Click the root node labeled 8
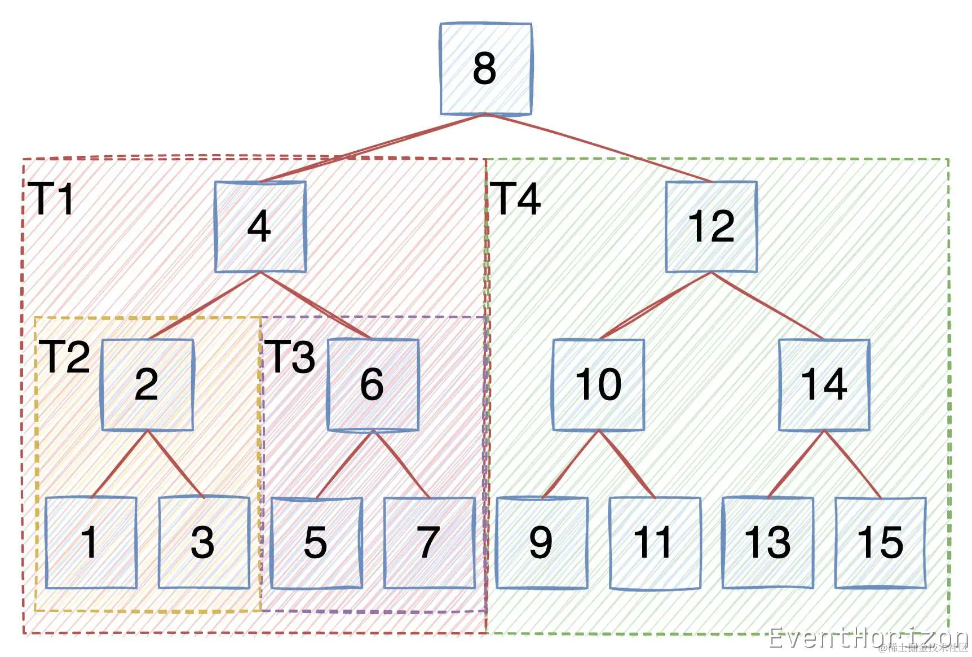click(485, 69)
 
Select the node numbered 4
click(260, 227)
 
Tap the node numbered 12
click(711, 227)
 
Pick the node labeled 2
click(147, 385)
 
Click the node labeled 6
click(373, 385)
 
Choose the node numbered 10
click(598, 385)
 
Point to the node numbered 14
click(824, 385)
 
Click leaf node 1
click(91, 543)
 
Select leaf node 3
click(204, 543)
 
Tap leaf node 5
click(316, 543)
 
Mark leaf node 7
click(429, 543)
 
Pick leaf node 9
click(542, 543)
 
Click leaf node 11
click(655, 543)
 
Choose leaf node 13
click(767, 543)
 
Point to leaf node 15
click(880, 543)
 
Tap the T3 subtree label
click(291, 357)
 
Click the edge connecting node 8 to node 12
click(599, 148)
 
